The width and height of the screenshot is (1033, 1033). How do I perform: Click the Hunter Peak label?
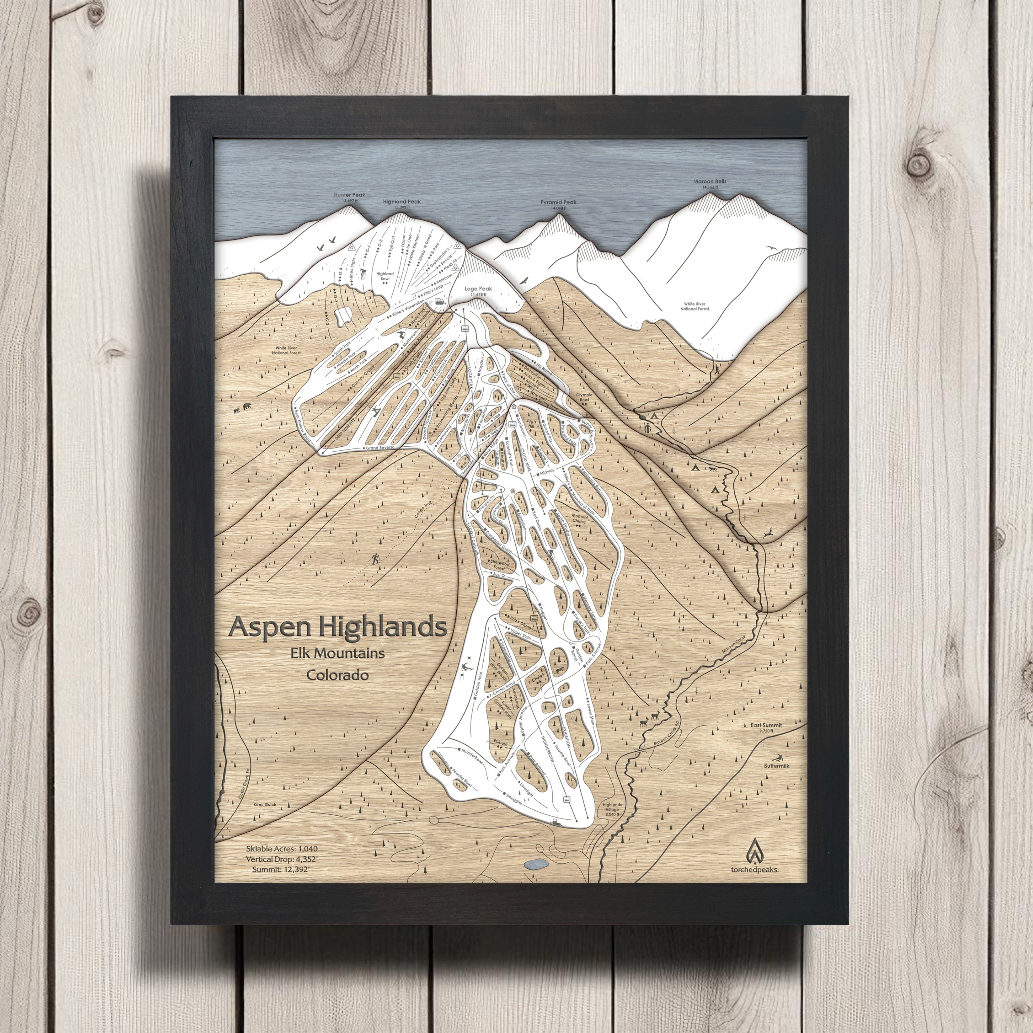(350, 195)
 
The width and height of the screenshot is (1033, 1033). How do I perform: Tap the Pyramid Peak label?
(558, 203)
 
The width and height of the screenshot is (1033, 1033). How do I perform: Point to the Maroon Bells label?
(710, 182)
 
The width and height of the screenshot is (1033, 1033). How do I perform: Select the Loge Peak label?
(478, 289)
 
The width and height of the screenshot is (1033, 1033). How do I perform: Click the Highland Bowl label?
(385, 276)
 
